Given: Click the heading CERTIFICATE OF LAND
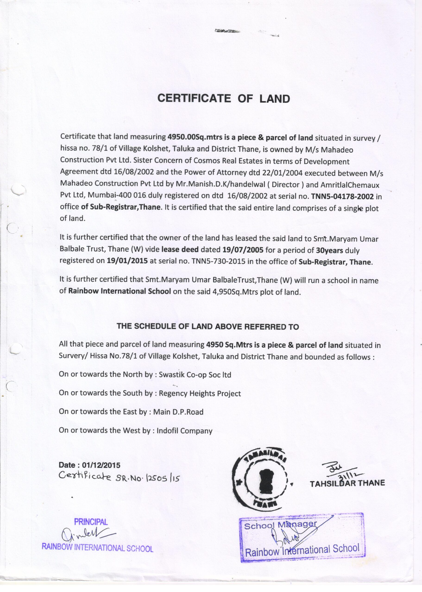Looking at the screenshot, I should click(224, 99).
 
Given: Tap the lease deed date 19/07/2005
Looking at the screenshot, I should click(243, 250).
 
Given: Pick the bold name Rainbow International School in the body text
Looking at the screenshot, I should click(120, 291).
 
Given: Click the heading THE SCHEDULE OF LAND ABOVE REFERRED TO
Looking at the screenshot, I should click(208, 327).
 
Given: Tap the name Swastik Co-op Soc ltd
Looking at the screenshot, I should click(195, 375).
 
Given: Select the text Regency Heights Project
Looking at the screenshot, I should click(200, 394).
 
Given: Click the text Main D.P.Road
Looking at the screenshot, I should click(178, 412).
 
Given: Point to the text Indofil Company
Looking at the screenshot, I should click(184, 431).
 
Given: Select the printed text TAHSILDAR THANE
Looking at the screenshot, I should click(347, 483).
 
